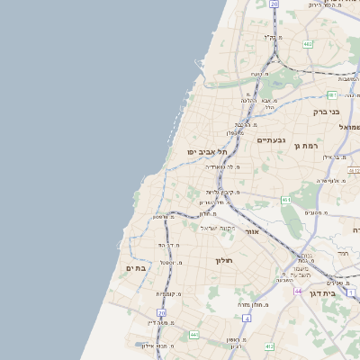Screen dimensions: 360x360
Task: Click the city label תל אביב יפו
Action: tap(204, 151)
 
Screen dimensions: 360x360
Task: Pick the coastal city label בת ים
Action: tap(136, 268)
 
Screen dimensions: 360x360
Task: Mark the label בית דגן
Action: tap(334, 293)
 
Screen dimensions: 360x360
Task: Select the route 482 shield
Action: tap(308, 43)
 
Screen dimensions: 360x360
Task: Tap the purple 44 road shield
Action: tap(299, 292)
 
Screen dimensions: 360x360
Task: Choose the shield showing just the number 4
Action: tap(246, 318)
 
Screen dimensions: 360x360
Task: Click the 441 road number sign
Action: tap(193, 335)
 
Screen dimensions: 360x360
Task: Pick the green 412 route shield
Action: tap(268, 346)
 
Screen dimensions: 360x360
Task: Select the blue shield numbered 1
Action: tap(350, 292)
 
